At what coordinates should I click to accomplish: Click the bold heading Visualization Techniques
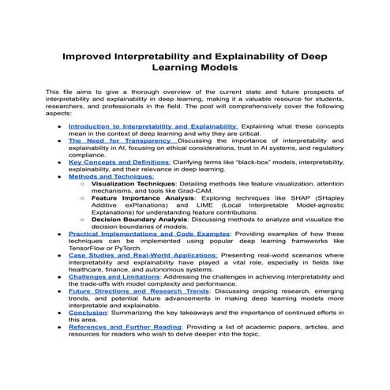coord(134,182)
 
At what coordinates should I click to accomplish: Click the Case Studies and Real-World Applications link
coord(142,255)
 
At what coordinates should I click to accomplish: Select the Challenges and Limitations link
coord(118,277)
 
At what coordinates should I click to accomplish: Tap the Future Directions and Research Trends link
coord(138,291)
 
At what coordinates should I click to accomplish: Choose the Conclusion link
coord(87,313)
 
